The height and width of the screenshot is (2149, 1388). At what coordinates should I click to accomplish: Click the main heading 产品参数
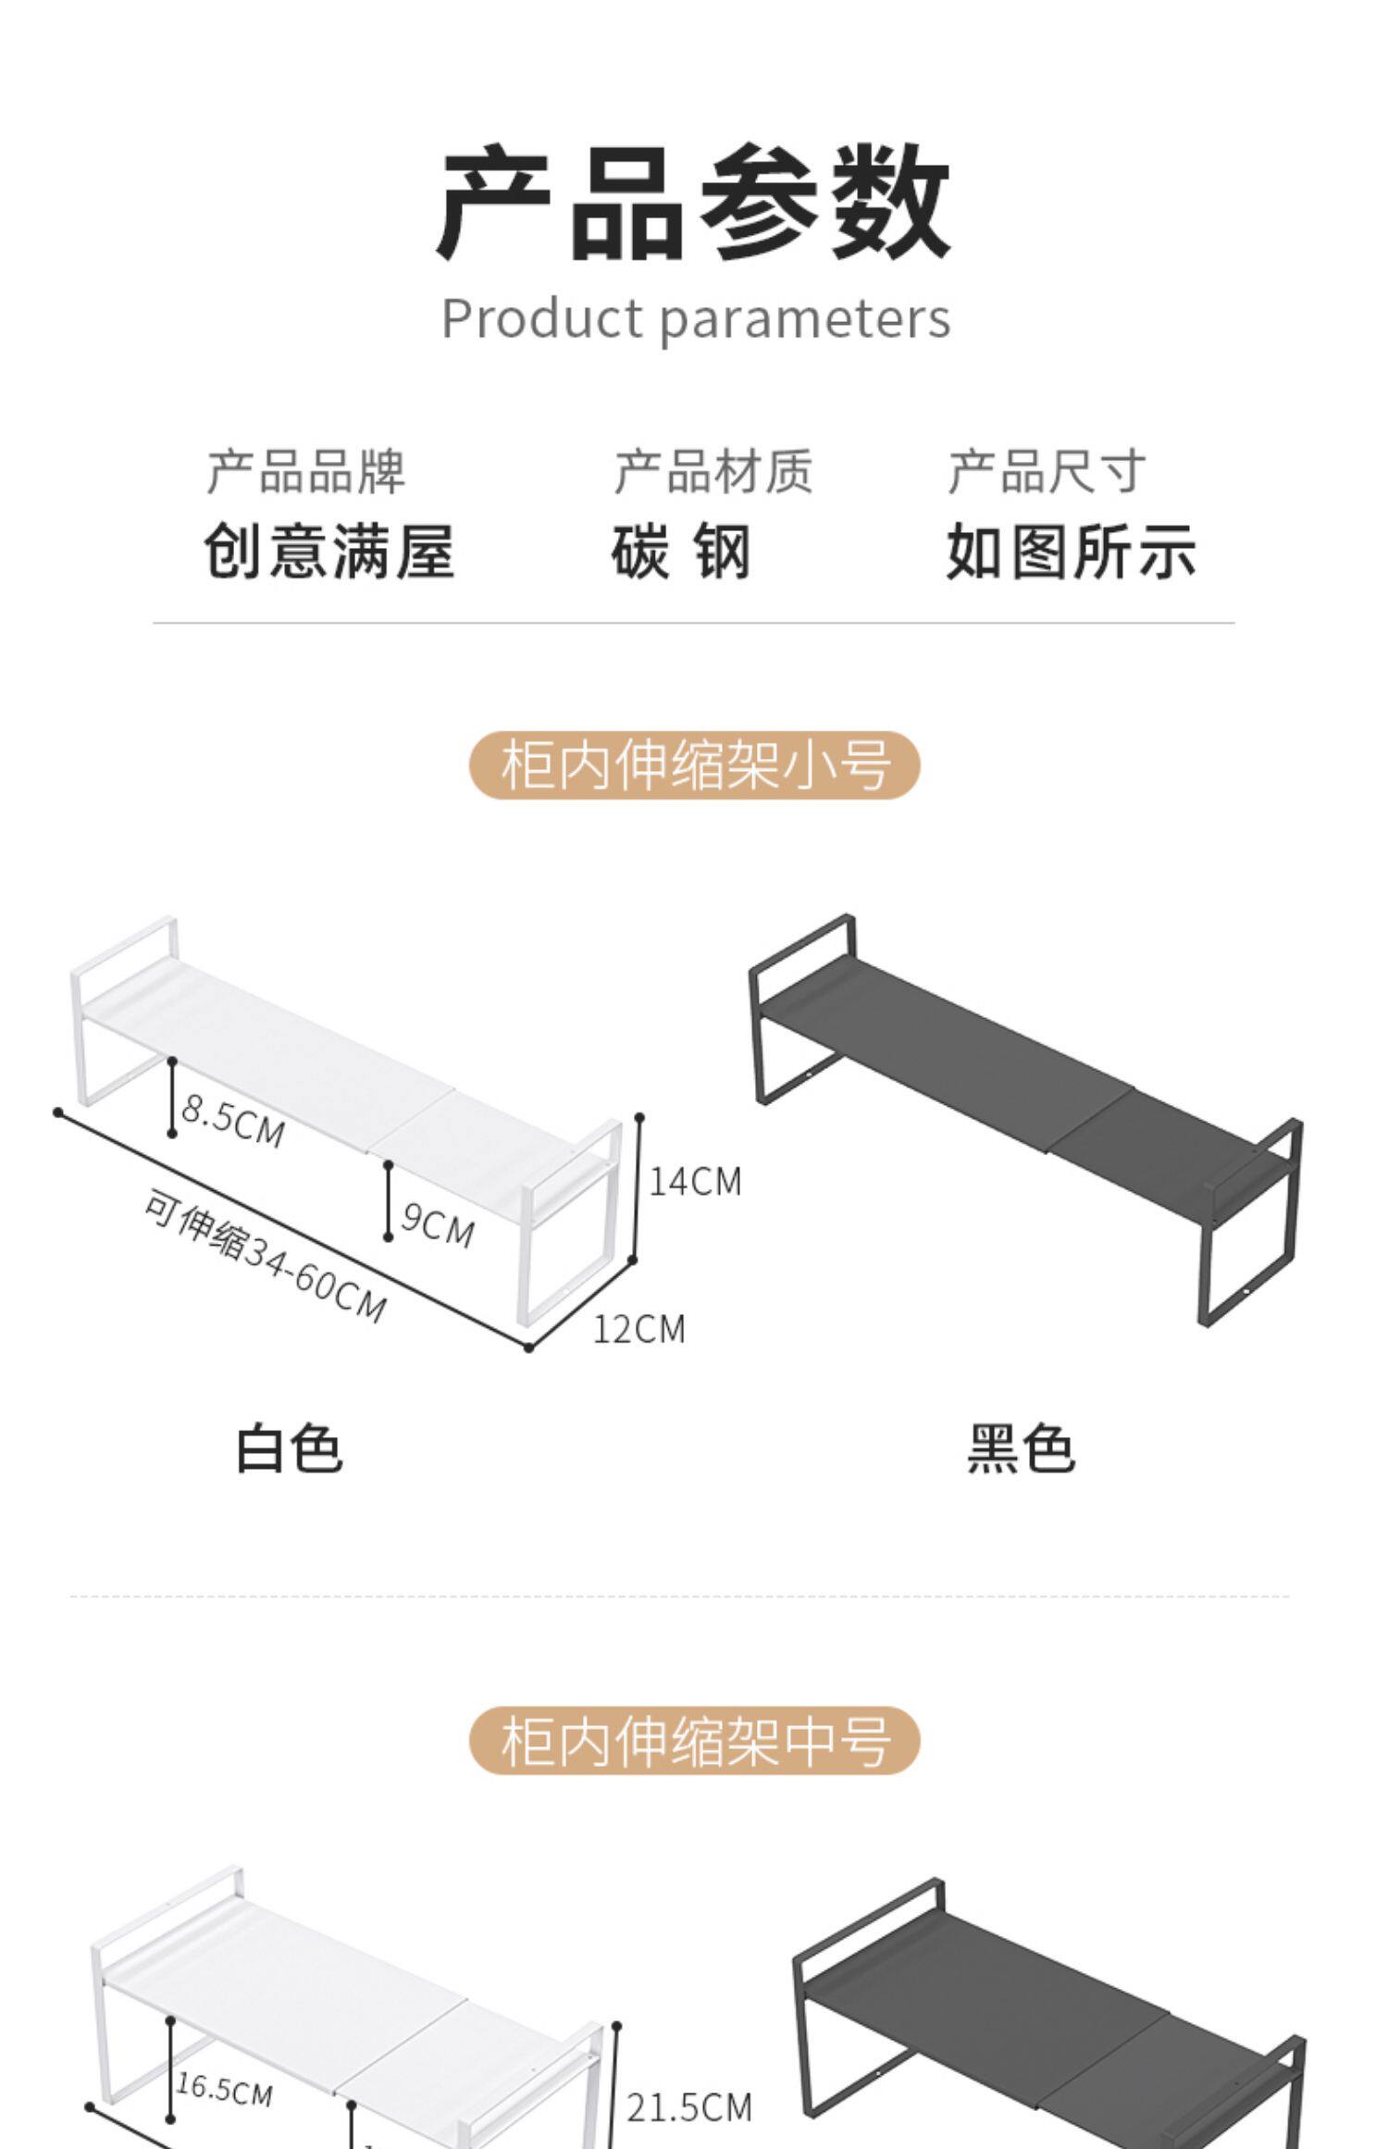693,202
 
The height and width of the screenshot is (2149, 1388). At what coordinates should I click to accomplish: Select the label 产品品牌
306,472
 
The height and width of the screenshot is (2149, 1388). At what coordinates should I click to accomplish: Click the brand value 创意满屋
329,552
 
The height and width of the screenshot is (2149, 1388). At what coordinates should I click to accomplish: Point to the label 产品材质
713,472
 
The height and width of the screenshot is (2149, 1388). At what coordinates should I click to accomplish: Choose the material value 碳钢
681,552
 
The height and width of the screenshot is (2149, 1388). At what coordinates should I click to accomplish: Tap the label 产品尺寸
1047,472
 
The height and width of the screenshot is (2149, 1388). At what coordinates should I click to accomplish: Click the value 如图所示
1072,552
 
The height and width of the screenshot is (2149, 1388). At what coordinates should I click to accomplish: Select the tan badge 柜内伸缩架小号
695,765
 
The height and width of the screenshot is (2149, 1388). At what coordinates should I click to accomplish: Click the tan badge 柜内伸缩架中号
695,1741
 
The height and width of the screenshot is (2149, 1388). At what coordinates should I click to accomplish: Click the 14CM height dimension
695,1182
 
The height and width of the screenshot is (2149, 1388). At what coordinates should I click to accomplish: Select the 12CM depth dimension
638,1330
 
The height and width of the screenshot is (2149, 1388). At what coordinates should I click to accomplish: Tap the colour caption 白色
290,1449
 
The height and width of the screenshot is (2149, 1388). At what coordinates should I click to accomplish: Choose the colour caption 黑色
1021,1449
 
